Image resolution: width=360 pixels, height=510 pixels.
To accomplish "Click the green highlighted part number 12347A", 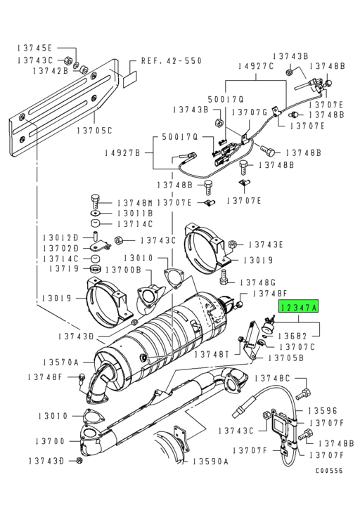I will tap(299, 307).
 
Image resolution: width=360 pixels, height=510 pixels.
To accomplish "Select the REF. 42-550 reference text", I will tap(172, 61).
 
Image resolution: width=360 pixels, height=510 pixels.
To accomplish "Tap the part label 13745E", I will tap(32, 48).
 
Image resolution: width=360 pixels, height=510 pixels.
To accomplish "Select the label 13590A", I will tap(211, 462).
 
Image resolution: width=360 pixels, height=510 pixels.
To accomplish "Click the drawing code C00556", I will tap(329, 492).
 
